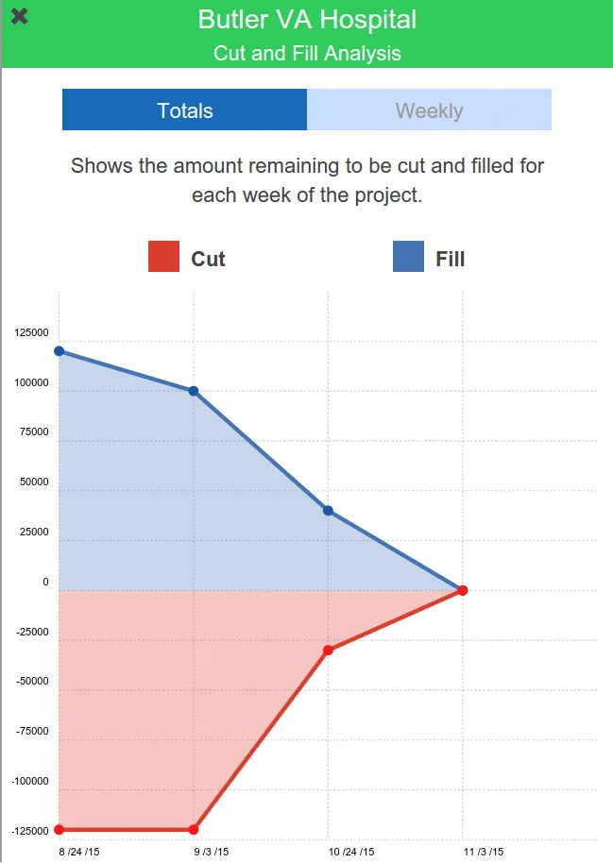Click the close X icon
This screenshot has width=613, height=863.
tap(19, 16)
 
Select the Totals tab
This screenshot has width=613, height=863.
tap(184, 110)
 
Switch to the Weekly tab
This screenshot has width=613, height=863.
tap(429, 110)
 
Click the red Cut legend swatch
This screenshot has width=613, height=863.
tap(163, 257)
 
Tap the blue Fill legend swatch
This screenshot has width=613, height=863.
tap(408, 257)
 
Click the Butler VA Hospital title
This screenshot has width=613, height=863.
tap(307, 19)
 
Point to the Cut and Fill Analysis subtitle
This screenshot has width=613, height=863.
tap(307, 53)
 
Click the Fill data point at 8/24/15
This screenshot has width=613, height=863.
tap(59, 351)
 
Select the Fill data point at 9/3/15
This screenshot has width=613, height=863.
tap(194, 391)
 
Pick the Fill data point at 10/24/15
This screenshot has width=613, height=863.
tap(328, 511)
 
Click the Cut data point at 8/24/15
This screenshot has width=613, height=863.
tap(59, 830)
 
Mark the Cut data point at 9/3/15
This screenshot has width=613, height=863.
tap(194, 830)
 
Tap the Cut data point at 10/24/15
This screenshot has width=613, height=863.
tap(328, 650)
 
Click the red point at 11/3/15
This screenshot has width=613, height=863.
tap(463, 591)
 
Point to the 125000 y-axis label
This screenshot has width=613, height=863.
tap(32, 333)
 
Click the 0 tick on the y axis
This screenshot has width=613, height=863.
tap(45, 583)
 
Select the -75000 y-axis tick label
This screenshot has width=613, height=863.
tap(33, 732)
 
